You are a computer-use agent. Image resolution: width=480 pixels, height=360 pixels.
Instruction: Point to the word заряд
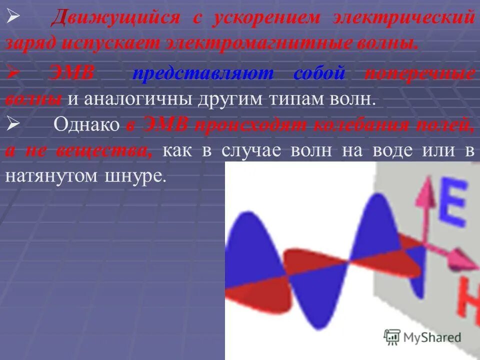coord(29,42)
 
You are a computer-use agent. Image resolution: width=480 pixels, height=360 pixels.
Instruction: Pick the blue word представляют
coord(203,73)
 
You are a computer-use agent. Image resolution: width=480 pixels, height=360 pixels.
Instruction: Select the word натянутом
coord(50,177)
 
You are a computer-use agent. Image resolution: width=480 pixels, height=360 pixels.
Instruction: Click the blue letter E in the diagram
coord(452,204)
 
